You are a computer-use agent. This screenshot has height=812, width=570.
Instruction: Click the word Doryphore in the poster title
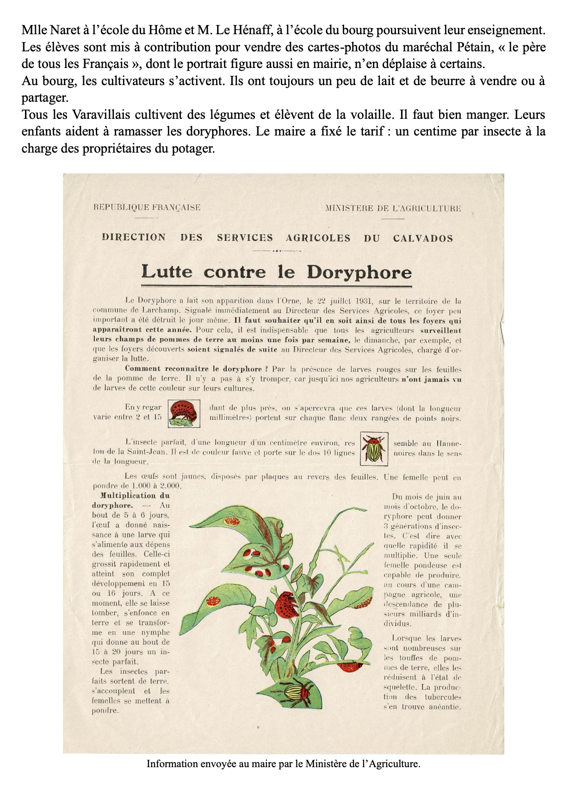click(359, 272)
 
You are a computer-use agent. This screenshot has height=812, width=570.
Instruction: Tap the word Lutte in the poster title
click(167, 271)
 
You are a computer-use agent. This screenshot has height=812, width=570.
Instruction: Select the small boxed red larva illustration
click(184, 413)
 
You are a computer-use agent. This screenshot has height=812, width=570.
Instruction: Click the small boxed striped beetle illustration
click(373, 449)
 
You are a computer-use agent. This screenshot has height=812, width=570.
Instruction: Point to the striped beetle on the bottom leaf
click(298, 691)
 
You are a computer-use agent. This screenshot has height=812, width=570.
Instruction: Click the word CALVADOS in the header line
click(423, 239)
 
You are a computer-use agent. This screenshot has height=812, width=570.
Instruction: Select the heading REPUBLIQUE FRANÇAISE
click(147, 208)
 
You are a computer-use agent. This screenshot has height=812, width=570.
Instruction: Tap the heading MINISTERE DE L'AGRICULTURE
click(393, 208)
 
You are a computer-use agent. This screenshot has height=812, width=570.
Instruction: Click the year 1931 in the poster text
click(360, 301)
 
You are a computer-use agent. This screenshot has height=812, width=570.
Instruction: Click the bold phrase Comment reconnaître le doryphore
click(193, 369)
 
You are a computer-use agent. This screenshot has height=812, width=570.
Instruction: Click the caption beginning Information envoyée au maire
click(283, 763)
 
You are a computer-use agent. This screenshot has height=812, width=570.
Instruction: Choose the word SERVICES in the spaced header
click(245, 238)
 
